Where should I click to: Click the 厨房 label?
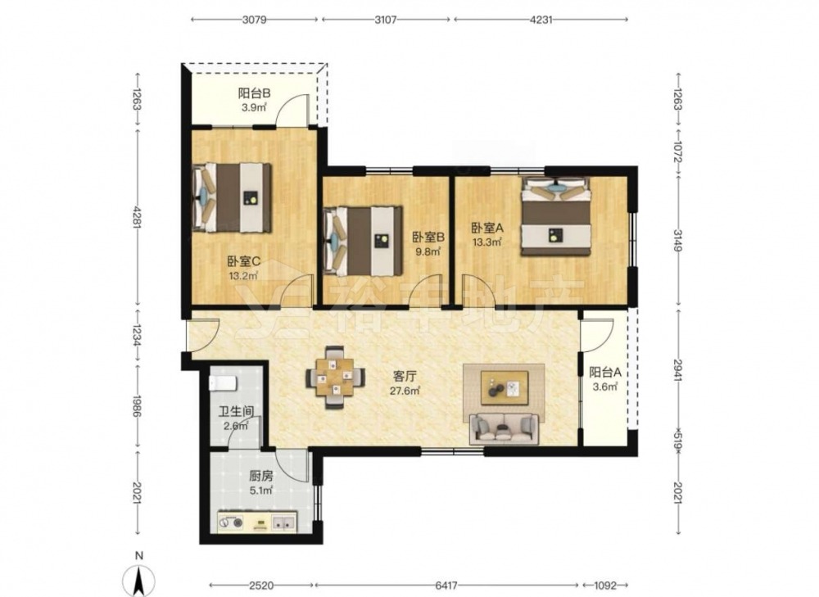click(261, 476)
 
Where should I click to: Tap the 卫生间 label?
click(236, 411)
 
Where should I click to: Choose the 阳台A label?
click(605, 373)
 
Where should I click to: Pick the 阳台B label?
click(255, 93)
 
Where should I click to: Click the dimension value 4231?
click(541, 20)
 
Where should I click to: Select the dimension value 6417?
click(446, 586)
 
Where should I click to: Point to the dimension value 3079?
click(256, 20)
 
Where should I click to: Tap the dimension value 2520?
click(261, 586)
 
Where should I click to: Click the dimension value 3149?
click(678, 240)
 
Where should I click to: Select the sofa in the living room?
click(504, 429)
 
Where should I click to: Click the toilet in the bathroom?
click(224, 383)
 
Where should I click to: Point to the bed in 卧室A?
click(555, 216)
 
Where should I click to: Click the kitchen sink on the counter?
click(283, 522)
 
